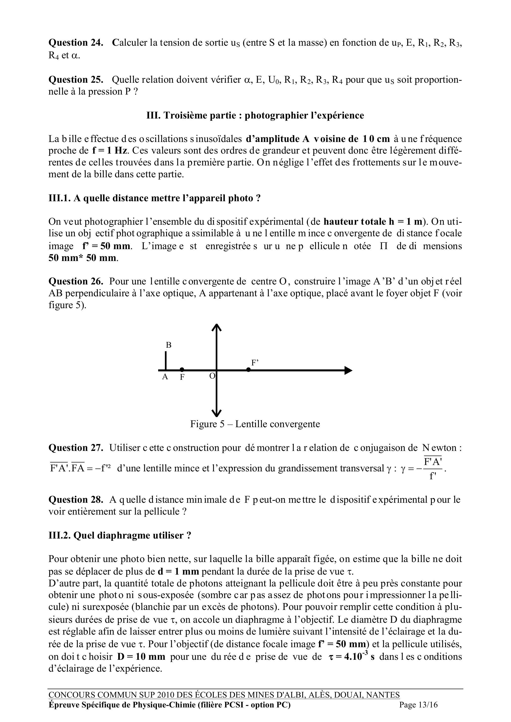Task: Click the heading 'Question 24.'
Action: click(x=76, y=43)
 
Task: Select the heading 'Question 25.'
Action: click(x=76, y=80)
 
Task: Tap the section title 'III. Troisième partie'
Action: click(x=255, y=115)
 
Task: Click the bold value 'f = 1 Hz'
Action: click(x=109, y=151)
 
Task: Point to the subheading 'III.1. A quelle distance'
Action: click(x=154, y=199)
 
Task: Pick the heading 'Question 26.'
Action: click(x=76, y=281)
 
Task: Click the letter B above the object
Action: click(x=169, y=345)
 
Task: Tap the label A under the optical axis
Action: click(x=165, y=377)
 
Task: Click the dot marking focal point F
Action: click(x=182, y=369)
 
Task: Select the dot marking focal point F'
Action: click(x=249, y=369)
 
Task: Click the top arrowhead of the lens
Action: click(x=216, y=328)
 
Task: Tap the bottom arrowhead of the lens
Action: click(x=216, y=413)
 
